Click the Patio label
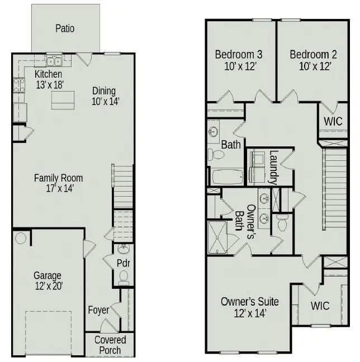click(65, 28)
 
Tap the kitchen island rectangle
click(63, 100)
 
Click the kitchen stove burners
click(18, 85)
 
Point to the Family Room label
click(58, 178)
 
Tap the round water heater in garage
click(21, 239)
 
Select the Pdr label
click(123, 263)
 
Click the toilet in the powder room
click(124, 275)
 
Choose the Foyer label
click(98, 309)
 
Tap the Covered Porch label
click(110, 345)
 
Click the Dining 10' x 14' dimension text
click(103, 102)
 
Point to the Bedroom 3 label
click(239, 55)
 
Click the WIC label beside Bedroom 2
click(332, 121)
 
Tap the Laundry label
click(273, 167)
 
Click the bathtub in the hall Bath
click(227, 177)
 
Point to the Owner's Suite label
click(249, 302)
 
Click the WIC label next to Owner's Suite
click(320, 306)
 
